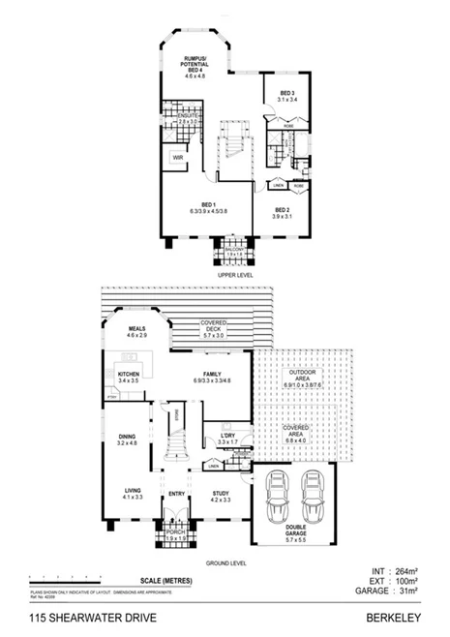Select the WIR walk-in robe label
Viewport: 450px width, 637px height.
pos(179,158)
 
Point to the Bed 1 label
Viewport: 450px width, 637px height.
pos(209,206)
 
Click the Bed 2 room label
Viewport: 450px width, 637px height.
pos(283,211)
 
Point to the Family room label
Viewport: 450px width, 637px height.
pos(212,378)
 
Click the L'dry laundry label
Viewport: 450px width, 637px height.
pos(228,439)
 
